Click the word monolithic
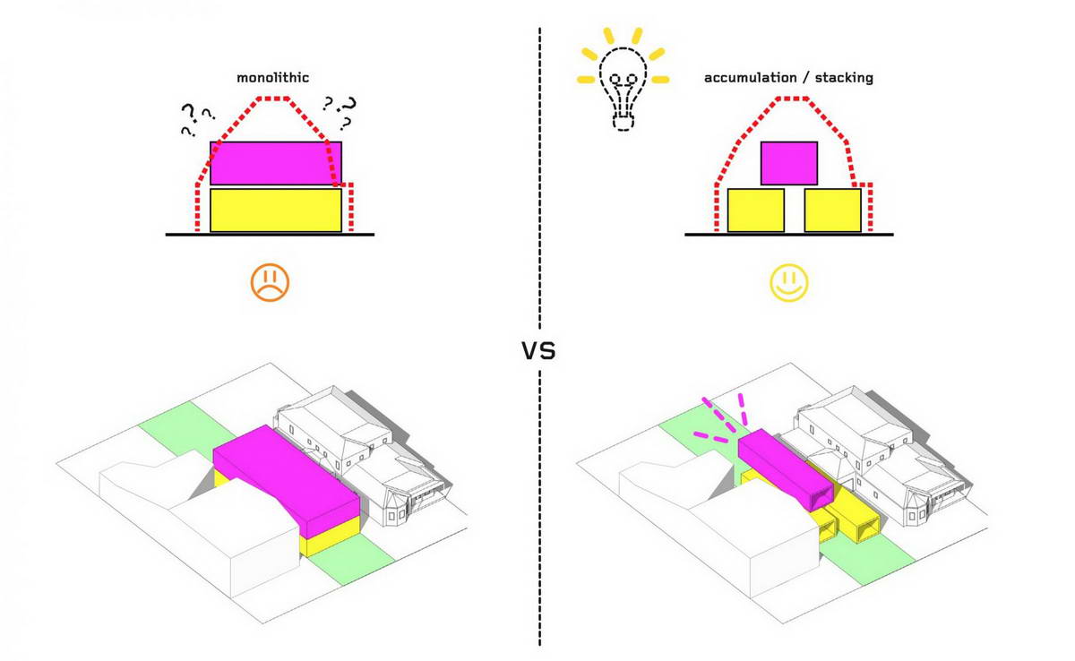click(x=272, y=78)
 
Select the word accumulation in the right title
click(x=751, y=78)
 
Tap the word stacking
click(x=844, y=78)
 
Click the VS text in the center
click(x=539, y=351)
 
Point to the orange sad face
click(x=270, y=282)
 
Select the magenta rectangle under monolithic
click(x=276, y=163)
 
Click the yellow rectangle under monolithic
click(x=276, y=210)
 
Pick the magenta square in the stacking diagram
click(x=789, y=163)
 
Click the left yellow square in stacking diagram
click(x=756, y=210)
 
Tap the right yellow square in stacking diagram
click(x=832, y=210)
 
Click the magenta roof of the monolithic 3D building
click(x=286, y=469)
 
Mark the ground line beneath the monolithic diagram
click(x=270, y=235)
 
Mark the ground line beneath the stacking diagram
click(x=789, y=235)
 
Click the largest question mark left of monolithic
click(x=189, y=112)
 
